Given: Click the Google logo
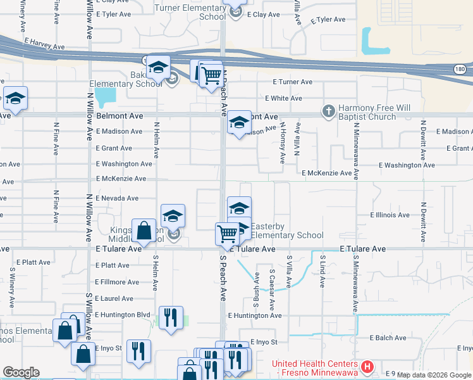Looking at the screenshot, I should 21,372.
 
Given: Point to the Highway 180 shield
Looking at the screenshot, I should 463,68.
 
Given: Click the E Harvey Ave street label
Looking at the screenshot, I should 44,44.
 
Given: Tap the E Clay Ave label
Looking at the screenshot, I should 263,14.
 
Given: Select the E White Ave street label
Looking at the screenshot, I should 283,98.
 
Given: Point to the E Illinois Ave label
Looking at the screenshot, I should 390,215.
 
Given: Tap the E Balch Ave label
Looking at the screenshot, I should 388,338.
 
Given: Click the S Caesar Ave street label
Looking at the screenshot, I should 272,279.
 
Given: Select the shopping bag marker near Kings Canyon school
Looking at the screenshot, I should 144,231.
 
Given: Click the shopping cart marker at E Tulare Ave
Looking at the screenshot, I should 227,233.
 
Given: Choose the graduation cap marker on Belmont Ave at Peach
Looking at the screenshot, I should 239,122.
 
